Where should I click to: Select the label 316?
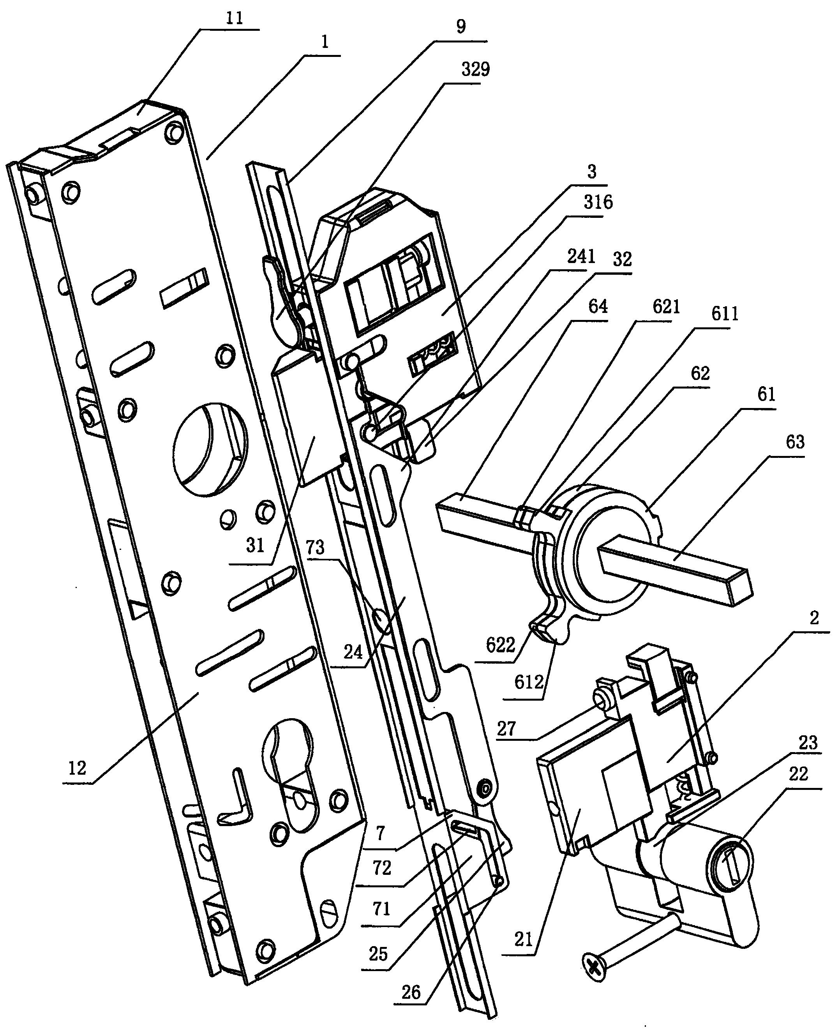tap(598, 202)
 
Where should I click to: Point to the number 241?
tap(581, 256)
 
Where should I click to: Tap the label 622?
tap(501, 645)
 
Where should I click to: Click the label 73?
tap(315, 548)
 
